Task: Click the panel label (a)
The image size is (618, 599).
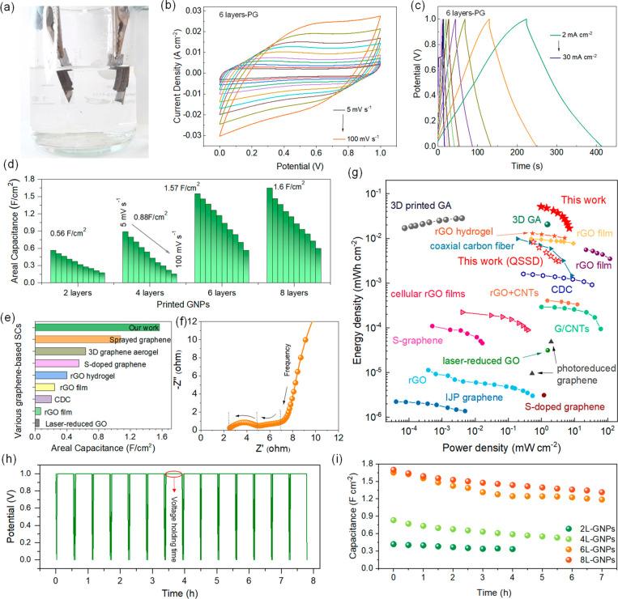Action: click(x=11, y=8)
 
